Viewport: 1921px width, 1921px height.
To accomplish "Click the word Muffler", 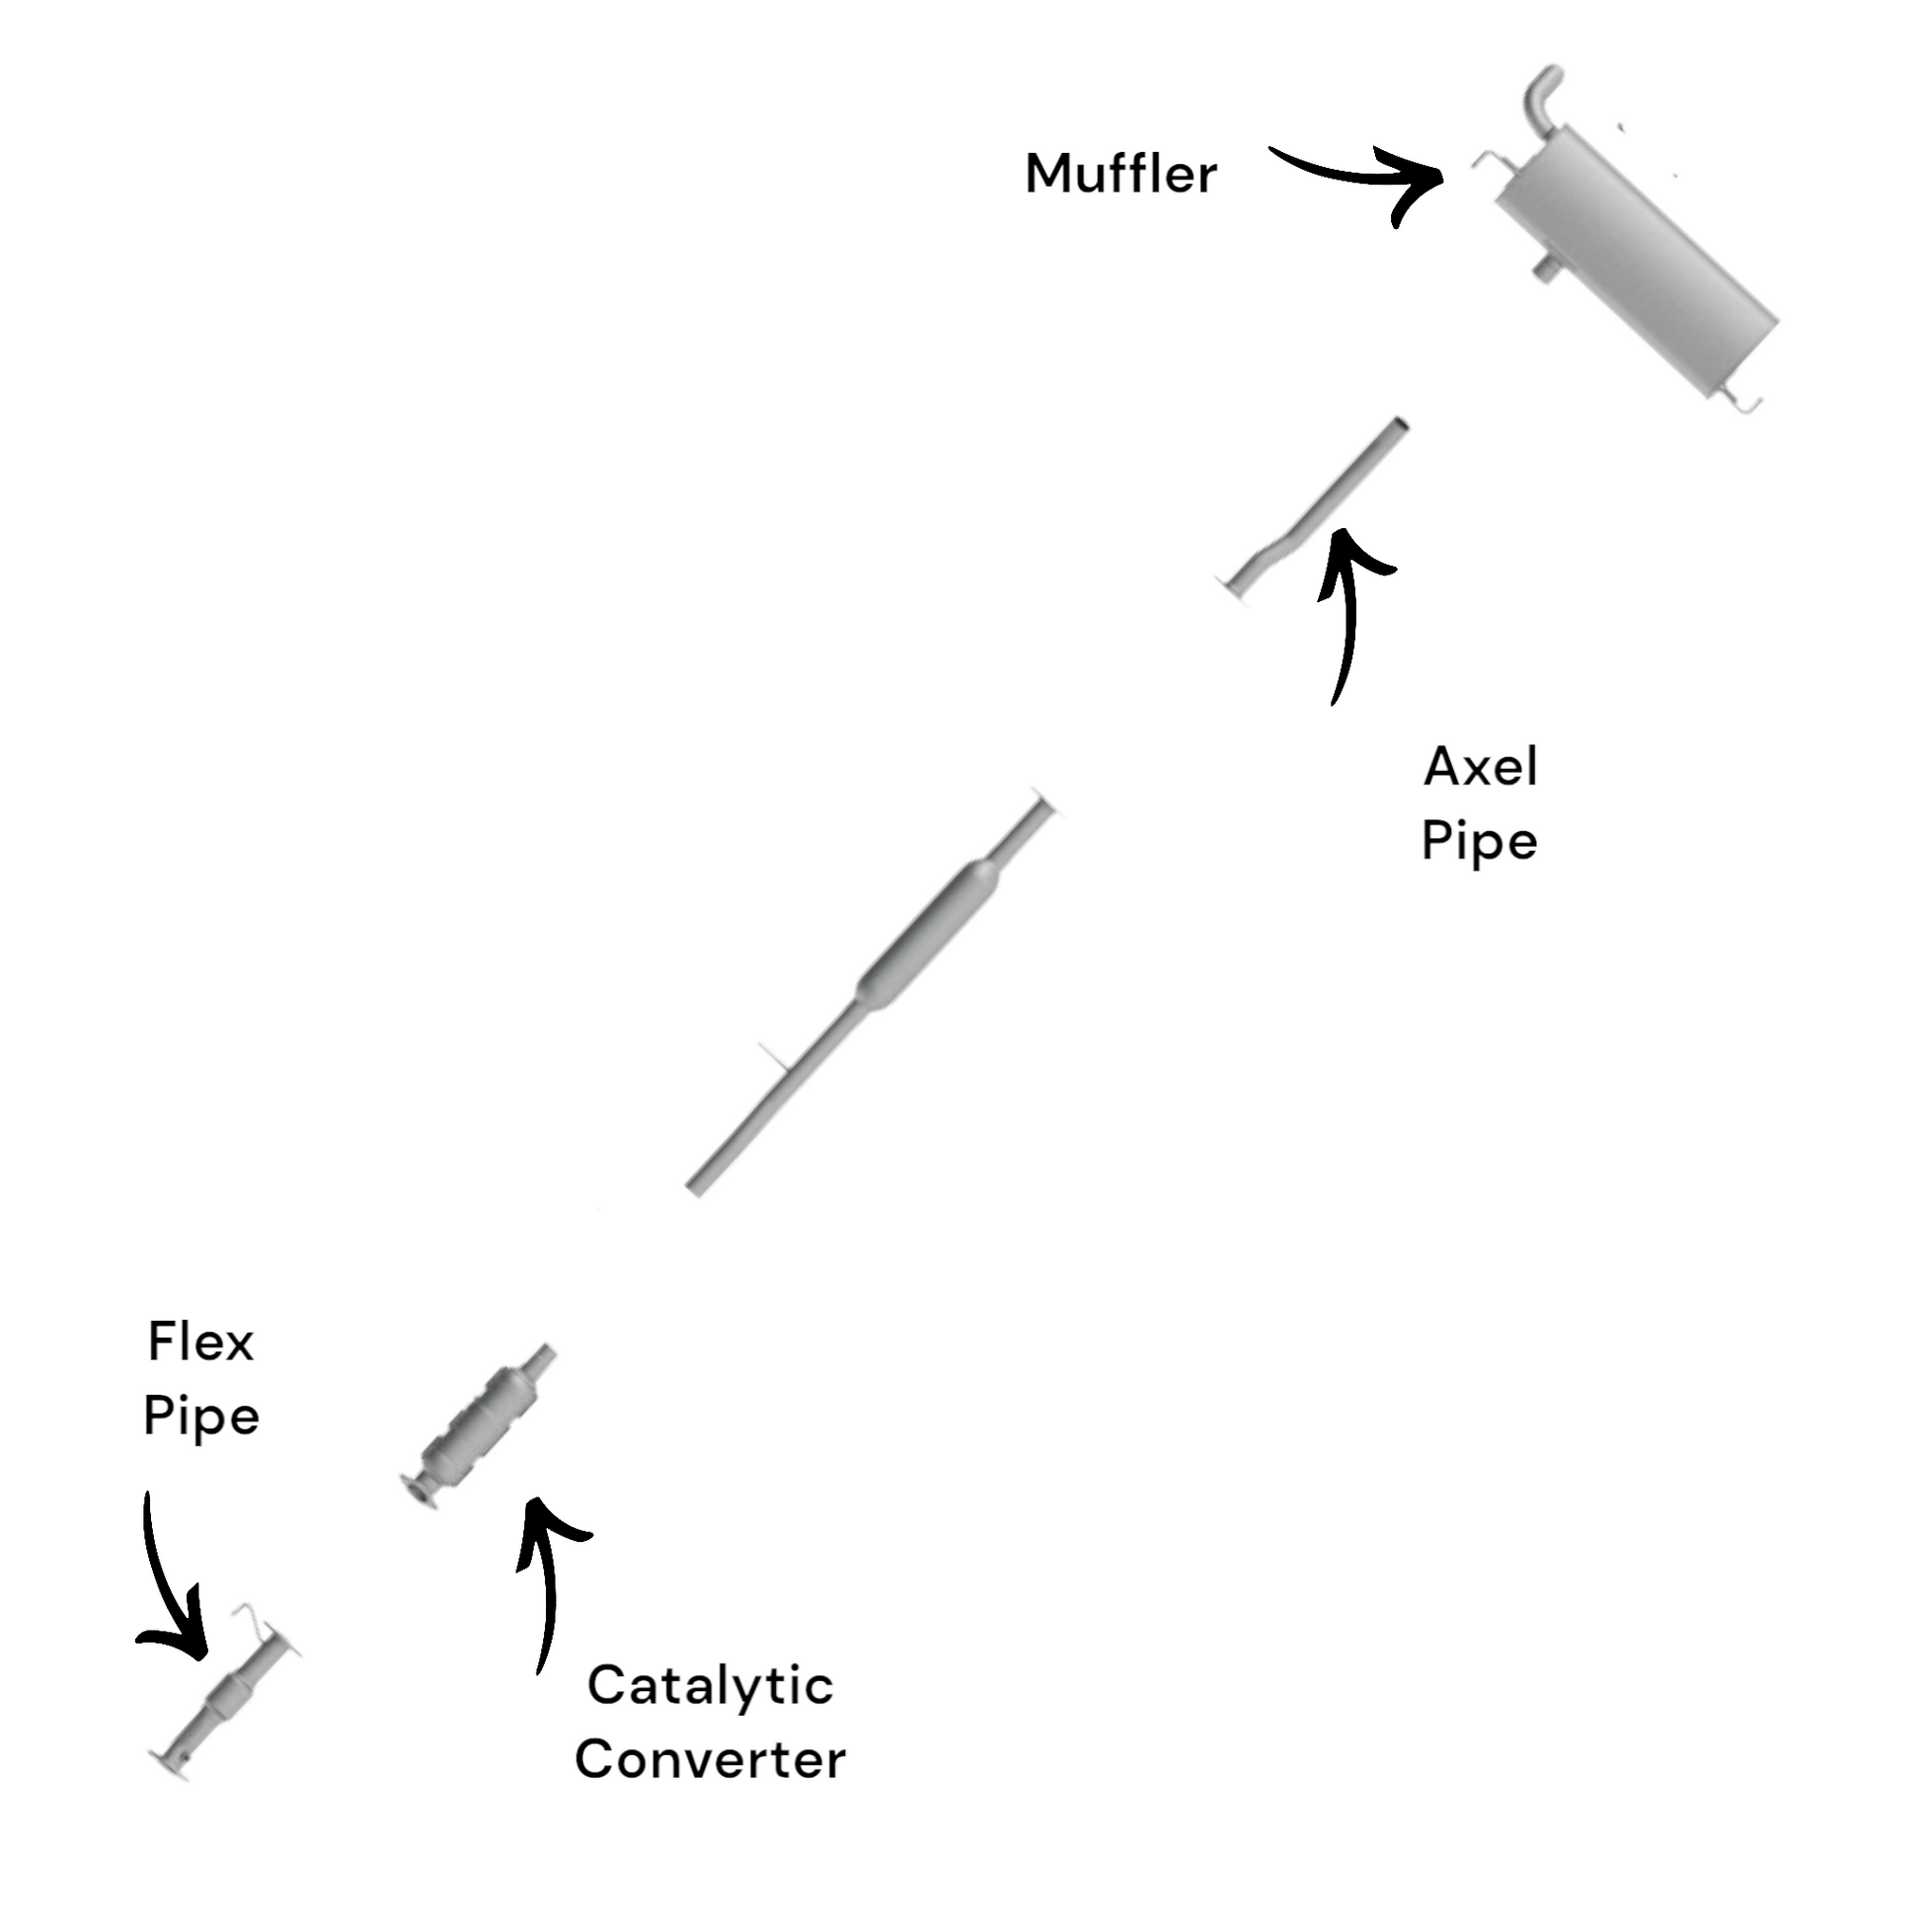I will [1120, 174].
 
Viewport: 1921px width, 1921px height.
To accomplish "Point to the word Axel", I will [1481, 767].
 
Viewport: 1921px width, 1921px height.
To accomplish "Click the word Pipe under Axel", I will [1480, 842].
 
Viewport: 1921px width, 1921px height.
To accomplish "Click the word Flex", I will [200, 1344].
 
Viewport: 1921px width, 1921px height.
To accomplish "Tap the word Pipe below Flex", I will [200, 1417].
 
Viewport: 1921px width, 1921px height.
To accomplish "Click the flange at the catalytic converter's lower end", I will [417, 1492].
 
